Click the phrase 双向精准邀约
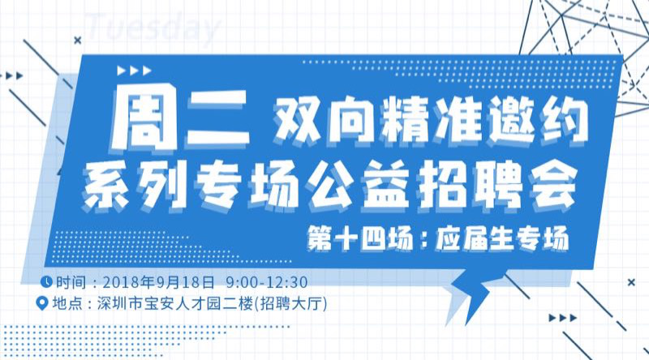coord(431,120)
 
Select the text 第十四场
coord(359,238)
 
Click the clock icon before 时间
coord(46,282)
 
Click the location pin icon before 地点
coord(42,303)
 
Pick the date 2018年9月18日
coord(158,282)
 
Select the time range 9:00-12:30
coord(267,282)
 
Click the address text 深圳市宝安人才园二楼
coord(174,304)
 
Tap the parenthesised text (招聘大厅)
coord(290,304)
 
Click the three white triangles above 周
coord(135,71)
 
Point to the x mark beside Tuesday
coord(77,41)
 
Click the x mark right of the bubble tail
coord(631,283)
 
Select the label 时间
coord(71,282)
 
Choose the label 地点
coord(67,304)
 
